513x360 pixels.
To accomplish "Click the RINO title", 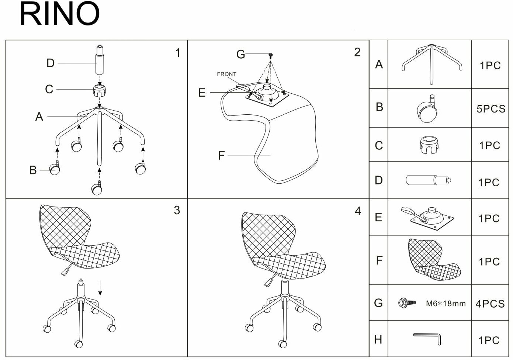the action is (x=59, y=14).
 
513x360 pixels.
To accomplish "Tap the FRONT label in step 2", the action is (x=226, y=74).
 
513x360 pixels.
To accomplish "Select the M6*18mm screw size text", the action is (x=446, y=304).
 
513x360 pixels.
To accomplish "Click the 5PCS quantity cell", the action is (x=491, y=109).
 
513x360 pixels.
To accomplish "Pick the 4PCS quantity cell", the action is (x=490, y=304).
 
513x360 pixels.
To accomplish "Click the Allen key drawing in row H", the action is (x=427, y=338).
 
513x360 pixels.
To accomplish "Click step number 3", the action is (x=177, y=210).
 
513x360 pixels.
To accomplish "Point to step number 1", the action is (x=178, y=53).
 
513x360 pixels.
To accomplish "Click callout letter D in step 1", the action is (x=51, y=63).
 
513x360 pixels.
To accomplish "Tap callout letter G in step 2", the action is (x=240, y=55).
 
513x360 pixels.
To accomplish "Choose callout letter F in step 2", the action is (x=221, y=155).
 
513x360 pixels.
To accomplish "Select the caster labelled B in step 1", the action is (x=55, y=169).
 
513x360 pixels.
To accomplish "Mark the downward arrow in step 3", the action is (x=100, y=288).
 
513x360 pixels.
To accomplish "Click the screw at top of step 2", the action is (x=271, y=55).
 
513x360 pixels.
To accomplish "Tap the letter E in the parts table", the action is (x=378, y=217).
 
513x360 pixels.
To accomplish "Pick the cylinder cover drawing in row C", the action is (x=430, y=144).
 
